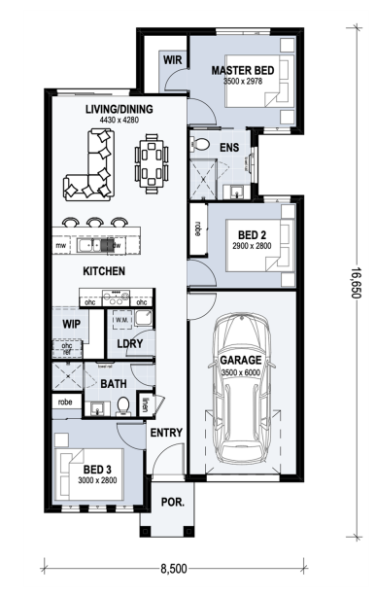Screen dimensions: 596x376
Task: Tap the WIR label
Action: click(173, 59)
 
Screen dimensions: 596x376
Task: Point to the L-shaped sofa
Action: click(89, 166)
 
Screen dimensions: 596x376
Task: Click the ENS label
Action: click(229, 148)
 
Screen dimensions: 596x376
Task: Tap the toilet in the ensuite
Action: click(201, 144)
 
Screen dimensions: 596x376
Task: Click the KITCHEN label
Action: click(103, 270)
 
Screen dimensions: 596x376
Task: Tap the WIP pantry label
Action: click(70, 322)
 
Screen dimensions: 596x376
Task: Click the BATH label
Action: click(114, 384)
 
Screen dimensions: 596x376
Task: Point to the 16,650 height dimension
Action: click(357, 283)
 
